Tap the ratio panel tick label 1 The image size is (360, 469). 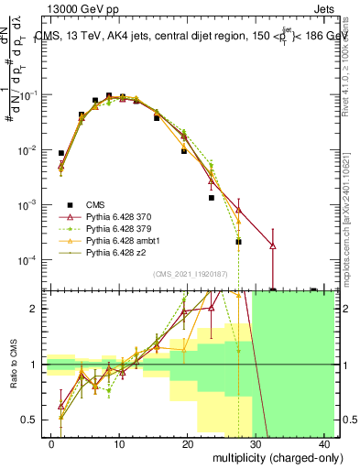(37, 365)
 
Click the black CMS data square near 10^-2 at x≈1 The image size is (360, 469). (61, 153)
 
